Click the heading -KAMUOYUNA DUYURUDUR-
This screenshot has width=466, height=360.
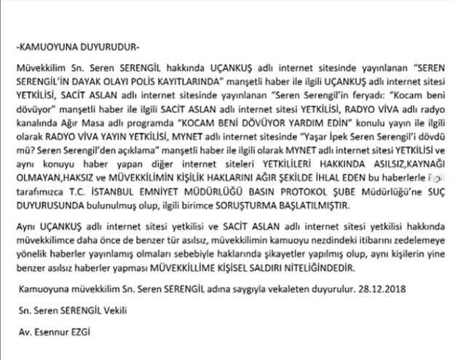point(77,49)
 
